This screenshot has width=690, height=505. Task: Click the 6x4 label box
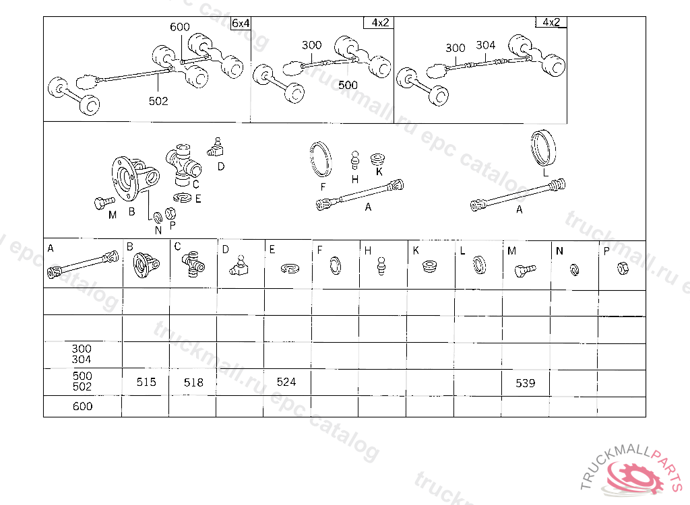click(x=241, y=23)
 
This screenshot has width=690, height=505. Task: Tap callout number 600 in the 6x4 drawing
click(x=179, y=27)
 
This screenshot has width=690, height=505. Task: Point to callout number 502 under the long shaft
click(x=158, y=101)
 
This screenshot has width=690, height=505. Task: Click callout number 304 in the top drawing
click(x=485, y=45)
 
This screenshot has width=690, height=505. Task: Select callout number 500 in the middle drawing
click(x=348, y=85)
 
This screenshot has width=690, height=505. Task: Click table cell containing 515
click(x=146, y=382)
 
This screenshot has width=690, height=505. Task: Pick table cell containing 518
click(x=193, y=382)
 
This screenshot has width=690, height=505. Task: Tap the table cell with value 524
click(x=287, y=382)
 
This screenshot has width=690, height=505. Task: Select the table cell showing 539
click(x=526, y=382)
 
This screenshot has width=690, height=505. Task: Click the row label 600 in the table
click(x=82, y=406)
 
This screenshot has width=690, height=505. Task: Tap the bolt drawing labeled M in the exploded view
click(x=104, y=203)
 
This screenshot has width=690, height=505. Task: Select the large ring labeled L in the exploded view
click(x=543, y=149)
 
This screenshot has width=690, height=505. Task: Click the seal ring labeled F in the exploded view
click(x=321, y=160)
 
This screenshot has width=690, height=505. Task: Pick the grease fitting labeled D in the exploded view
click(x=215, y=147)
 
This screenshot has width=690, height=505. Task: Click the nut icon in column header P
click(x=623, y=268)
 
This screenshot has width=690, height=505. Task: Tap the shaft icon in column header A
click(x=83, y=265)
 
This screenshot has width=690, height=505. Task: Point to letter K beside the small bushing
click(x=379, y=172)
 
